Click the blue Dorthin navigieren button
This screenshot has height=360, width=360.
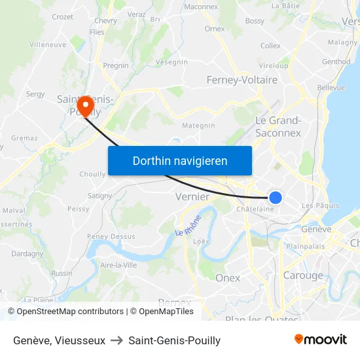[x=180, y=160]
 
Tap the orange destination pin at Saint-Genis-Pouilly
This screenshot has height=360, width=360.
[x=84, y=105]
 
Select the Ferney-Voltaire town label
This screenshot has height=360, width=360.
[x=242, y=80]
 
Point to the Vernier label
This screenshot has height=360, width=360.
[x=192, y=196]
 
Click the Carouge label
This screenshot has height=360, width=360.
[x=303, y=276]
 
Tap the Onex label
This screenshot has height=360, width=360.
[x=228, y=278]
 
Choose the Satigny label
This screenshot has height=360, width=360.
[x=99, y=195]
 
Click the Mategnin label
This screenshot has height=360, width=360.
[x=198, y=125]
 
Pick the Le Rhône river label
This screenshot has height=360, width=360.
[x=189, y=226]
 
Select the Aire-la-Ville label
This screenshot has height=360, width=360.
[x=118, y=264]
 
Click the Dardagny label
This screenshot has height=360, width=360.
[x=27, y=253]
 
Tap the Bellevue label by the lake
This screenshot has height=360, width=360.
[x=331, y=87]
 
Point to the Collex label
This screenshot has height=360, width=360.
[x=270, y=46]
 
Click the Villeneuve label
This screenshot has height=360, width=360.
[x=48, y=45]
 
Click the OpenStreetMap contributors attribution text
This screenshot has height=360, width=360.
[x=65, y=312]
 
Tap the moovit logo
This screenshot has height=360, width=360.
[x=320, y=339]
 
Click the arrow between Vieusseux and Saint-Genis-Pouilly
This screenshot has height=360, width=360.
[x=117, y=340]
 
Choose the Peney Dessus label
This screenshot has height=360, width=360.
[x=111, y=236]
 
